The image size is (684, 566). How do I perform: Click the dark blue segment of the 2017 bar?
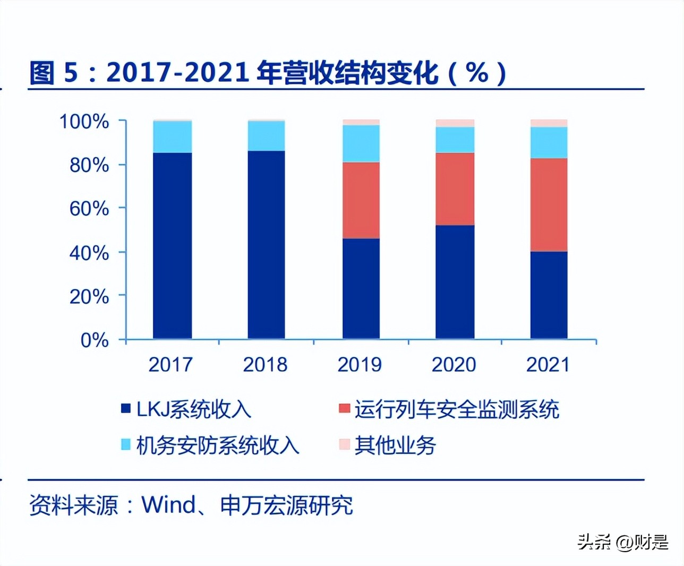click(x=172, y=245)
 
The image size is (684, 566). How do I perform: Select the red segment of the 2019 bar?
click(x=361, y=200)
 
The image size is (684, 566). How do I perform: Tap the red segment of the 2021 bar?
click(x=549, y=204)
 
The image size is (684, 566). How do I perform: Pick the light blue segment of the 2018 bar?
click(x=266, y=136)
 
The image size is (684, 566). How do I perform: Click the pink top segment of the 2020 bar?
click(x=455, y=123)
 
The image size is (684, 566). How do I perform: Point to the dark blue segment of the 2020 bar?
click(x=455, y=281)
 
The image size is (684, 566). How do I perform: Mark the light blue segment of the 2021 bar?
click(x=549, y=142)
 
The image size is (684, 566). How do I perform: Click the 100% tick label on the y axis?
click(x=84, y=122)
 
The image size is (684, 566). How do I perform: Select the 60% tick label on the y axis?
click(x=89, y=209)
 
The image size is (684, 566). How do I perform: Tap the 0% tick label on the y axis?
click(x=94, y=340)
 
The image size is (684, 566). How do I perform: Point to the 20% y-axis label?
click(x=89, y=296)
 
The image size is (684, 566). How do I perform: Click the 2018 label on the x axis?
click(x=265, y=365)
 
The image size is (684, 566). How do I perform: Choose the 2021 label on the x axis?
click(x=548, y=365)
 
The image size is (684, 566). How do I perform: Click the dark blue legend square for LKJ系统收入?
click(x=126, y=408)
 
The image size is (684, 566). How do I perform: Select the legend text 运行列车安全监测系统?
click(x=457, y=409)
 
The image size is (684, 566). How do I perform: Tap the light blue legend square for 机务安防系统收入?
click(x=126, y=444)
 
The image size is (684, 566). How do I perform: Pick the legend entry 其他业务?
click(x=395, y=445)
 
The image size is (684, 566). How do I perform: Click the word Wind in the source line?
click(x=168, y=505)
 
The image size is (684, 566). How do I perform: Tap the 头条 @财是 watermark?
click(x=622, y=542)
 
